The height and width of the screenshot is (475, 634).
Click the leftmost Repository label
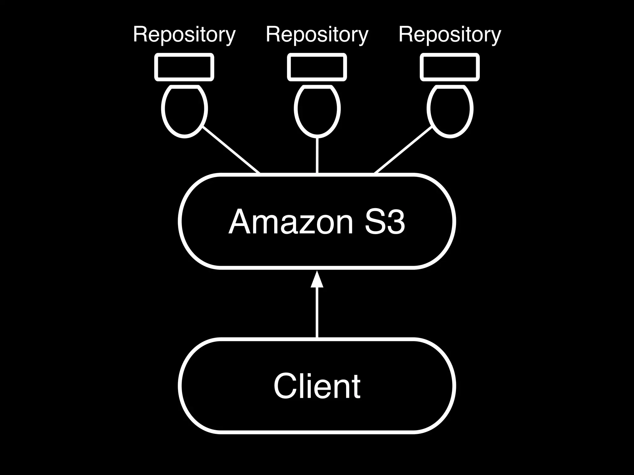pos(184,35)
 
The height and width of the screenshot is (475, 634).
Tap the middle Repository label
pos(317,35)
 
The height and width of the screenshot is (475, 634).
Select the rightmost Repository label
pos(449,35)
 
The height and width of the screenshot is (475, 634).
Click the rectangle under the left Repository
pos(184,67)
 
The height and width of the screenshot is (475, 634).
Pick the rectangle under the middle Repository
pos(317,67)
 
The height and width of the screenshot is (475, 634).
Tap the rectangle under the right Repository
pos(449,67)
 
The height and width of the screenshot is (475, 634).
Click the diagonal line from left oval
pos(231,150)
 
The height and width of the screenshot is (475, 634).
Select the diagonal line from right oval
pos(403,150)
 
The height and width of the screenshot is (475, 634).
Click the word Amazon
pos(291,222)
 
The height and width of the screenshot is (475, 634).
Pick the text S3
pos(385,222)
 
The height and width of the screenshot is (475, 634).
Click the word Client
pos(317,386)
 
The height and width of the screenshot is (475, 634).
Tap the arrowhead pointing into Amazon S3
pos(317,280)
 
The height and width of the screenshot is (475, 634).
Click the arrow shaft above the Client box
pos(317,312)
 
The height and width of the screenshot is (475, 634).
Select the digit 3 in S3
pos(395,222)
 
